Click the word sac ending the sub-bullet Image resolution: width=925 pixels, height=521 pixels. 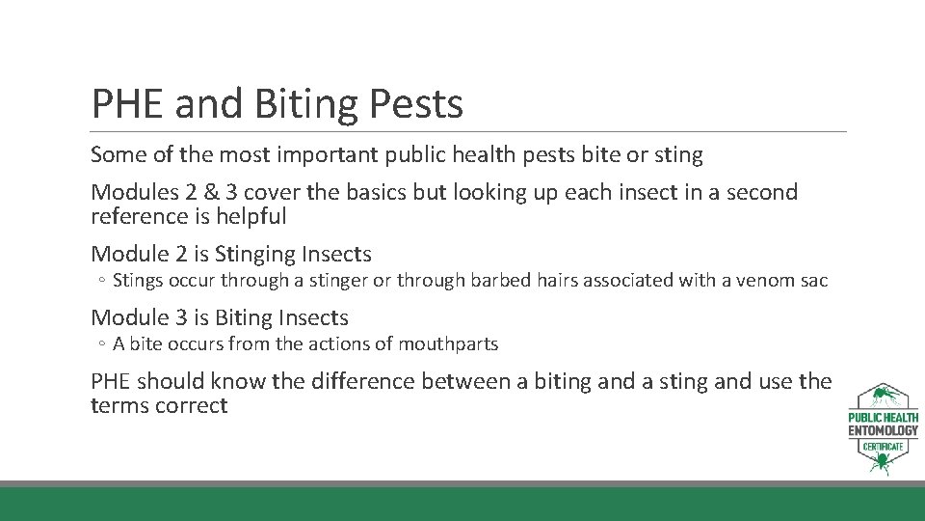(813, 281)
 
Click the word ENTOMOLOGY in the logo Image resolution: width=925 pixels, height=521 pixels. (883, 430)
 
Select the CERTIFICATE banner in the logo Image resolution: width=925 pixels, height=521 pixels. (883, 447)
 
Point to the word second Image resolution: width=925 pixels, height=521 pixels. (763, 192)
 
